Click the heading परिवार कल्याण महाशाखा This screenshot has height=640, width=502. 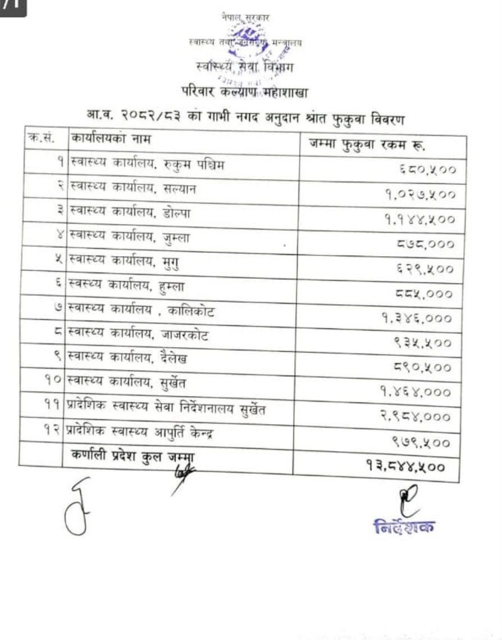click(244, 90)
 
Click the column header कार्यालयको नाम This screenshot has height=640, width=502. click(111, 138)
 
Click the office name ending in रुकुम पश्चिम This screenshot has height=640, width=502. click(145, 165)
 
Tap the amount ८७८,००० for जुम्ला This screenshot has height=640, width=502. click(426, 244)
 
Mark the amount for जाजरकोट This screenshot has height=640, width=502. click(422, 343)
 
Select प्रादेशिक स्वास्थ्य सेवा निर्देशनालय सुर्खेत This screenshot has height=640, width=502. click(166, 408)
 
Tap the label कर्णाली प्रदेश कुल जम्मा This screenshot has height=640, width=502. click(132, 457)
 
